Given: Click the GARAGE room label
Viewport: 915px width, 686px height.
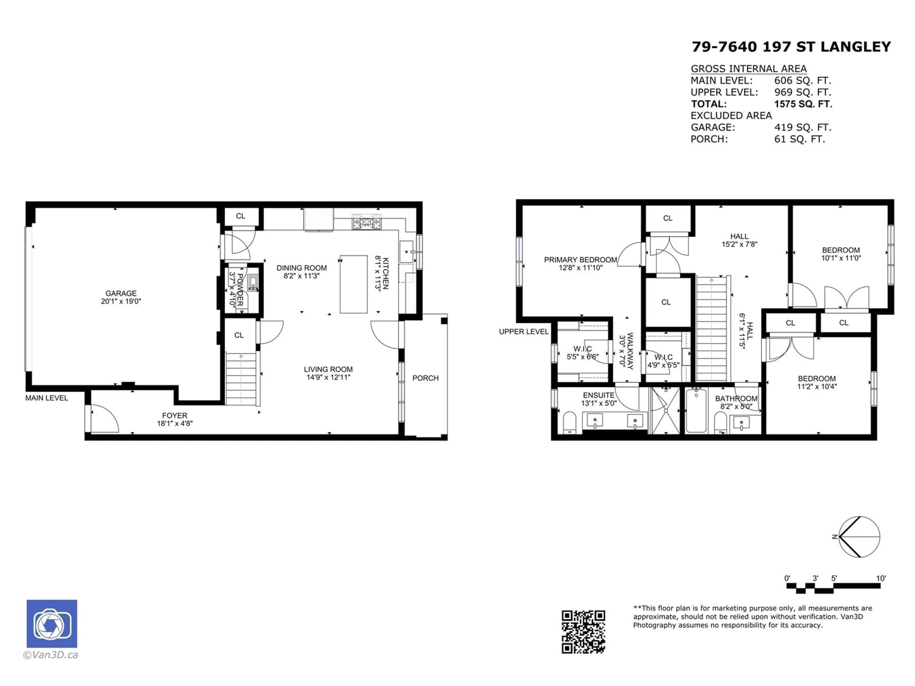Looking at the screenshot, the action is click(121, 293).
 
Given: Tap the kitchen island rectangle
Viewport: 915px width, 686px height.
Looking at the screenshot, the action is click(354, 284).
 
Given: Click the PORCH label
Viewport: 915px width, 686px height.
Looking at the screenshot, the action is click(425, 378).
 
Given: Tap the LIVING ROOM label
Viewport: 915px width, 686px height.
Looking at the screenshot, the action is click(328, 369).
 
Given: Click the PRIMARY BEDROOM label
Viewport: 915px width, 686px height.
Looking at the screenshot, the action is click(580, 260).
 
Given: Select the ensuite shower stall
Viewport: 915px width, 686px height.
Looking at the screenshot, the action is click(666, 411).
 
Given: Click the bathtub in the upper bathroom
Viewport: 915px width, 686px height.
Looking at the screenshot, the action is click(696, 411).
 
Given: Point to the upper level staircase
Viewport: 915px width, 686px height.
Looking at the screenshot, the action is click(712, 329).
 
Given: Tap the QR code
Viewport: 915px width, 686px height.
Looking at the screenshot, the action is click(583, 632).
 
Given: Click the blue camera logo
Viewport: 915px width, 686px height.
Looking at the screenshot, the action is click(52, 624).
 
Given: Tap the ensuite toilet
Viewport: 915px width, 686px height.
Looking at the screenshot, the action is click(569, 422).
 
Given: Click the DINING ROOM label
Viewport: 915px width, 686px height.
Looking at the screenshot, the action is click(302, 268).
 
